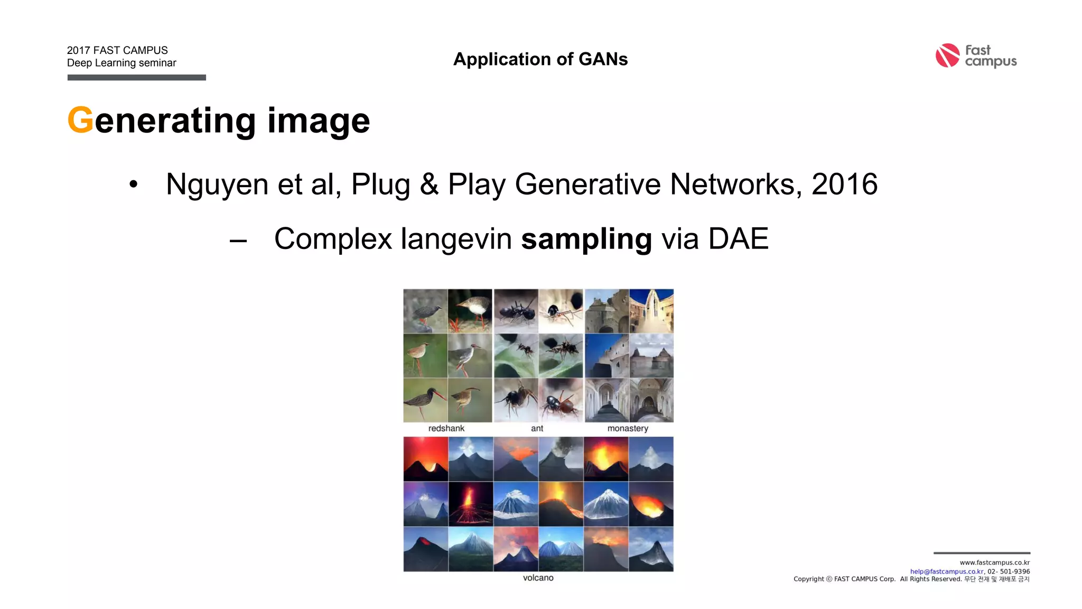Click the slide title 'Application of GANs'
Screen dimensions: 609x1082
tap(540, 59)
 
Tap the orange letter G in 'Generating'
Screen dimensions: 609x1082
tap(80, 120)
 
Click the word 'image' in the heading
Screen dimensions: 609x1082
tap(319, 121)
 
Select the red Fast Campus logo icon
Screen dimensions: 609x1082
tap(947, 56)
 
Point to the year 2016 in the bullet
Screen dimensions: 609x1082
tap(844, 184)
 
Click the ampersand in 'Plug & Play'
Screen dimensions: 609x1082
tap(429, 184)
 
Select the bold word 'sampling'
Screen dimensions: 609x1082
tap(586, 239)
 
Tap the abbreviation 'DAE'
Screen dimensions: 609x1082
tap(738, 238)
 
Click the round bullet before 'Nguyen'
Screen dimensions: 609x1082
tap(134, 184)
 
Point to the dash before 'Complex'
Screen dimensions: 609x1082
tap(238, 241)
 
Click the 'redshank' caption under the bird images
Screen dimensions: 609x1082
tap(446, 428)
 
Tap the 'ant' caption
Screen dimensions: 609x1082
tap(537, 428)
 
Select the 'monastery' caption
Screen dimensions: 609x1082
tap(628, 428)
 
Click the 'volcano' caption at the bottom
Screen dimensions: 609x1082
tap(538, 578)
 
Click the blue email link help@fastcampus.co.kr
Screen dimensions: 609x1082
tap(947, 571)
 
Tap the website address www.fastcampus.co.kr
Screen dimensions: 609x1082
tap(994, 562)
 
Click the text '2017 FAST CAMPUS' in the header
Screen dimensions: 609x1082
tap(117, 50)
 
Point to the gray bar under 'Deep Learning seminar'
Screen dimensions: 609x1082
tap(136, 78)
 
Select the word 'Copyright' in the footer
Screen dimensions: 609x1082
tap(808, 579)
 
